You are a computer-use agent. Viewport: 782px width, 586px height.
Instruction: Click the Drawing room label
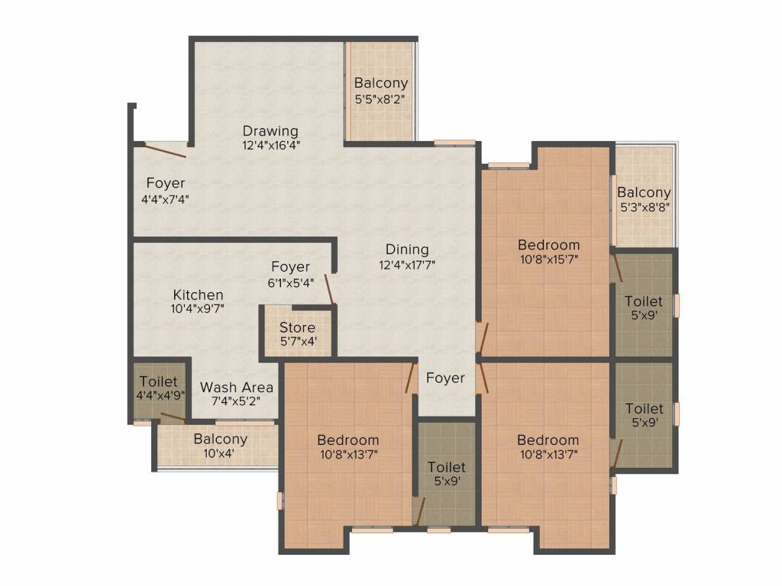point(270,131)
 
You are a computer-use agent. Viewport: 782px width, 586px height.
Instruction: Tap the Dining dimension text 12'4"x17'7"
point(407,265)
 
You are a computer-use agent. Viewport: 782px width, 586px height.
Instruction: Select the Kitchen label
point(198,295)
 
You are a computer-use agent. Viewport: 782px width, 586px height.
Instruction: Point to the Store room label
point(297,327)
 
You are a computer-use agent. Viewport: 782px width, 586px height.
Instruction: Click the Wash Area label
point(237,387)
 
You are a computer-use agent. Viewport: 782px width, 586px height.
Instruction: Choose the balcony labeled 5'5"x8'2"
point(381,90)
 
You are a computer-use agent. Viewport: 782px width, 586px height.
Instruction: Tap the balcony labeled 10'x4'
point(218,446)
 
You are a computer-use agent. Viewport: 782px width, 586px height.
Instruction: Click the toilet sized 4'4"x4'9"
point(160,388)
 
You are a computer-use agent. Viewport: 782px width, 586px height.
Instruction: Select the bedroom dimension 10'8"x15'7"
point(548,259)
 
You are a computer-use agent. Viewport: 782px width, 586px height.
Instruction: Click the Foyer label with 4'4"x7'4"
point(165,183)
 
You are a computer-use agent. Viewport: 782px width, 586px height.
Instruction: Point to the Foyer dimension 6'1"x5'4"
point(291,283)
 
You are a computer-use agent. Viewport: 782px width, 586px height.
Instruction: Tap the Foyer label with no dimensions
point(445,378)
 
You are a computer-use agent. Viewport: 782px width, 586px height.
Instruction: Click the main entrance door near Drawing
point(165,150)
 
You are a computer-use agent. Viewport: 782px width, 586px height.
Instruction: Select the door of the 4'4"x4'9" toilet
point(173,417)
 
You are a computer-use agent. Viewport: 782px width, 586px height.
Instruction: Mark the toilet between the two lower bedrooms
point(446,473)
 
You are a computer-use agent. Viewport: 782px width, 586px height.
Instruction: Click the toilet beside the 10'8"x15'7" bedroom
point(644,305)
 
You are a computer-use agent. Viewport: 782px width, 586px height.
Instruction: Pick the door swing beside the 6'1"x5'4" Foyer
point(330,289)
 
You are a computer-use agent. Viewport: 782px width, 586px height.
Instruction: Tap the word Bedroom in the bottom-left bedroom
point(348,440)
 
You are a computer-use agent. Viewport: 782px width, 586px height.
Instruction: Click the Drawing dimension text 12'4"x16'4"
point(271,146)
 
